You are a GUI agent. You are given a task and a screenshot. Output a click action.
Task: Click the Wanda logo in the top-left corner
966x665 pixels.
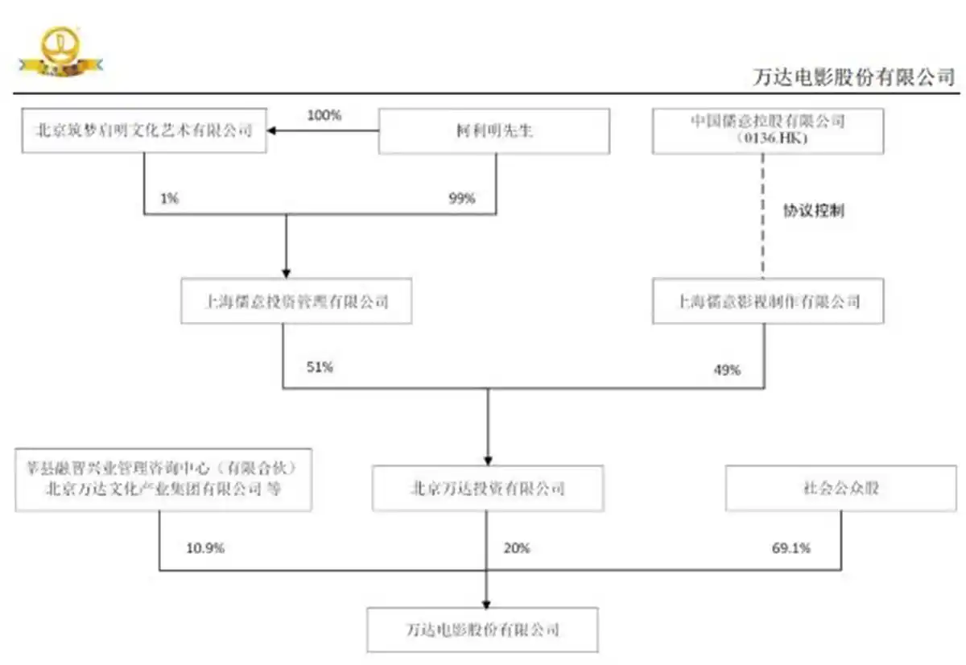point(60,53)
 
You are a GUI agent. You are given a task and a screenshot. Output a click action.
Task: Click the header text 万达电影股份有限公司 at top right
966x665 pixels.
point(852,77)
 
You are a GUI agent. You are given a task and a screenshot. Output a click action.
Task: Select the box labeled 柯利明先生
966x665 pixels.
point(493,130)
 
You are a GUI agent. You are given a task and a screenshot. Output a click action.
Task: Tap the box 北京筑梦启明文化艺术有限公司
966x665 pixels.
point(145,130)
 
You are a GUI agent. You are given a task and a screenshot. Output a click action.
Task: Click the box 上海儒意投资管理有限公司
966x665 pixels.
point(295,302)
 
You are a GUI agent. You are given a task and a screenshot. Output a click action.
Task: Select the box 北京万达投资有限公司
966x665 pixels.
point(488,489)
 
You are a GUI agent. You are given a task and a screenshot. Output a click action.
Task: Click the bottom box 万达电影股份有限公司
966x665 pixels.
point(482,629)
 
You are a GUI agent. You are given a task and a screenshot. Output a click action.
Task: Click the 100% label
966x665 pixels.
point(324,115)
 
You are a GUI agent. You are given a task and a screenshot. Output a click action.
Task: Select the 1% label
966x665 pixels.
point(169,199)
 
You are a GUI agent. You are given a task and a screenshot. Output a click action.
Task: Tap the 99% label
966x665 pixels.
point(462,199)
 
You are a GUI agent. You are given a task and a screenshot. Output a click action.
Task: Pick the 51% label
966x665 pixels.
point(320,367)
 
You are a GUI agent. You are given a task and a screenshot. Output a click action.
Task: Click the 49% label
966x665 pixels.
point(727,370)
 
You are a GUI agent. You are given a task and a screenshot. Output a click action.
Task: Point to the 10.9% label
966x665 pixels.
point(205,548)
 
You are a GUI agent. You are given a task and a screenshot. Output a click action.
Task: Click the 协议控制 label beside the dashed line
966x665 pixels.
point(814,211)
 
